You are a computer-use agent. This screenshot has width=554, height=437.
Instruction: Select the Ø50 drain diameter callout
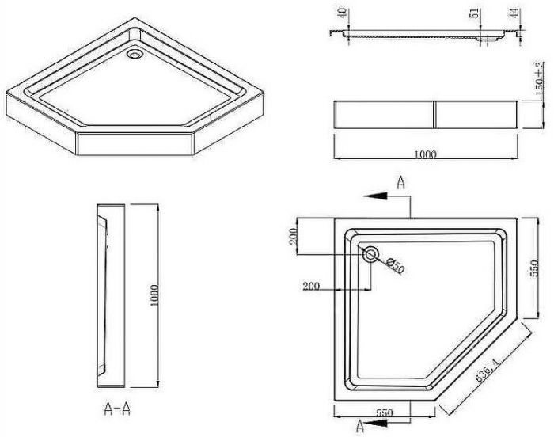[x=394, y=266]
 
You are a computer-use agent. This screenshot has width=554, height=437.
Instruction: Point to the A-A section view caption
[x=118, y=409]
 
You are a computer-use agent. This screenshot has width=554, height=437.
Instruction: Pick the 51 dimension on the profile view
[x=475, y=15]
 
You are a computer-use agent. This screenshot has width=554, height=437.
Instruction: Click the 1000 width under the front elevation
[x=425, y=154]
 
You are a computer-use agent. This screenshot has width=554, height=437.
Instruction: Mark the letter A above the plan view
[x=401, y=183]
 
